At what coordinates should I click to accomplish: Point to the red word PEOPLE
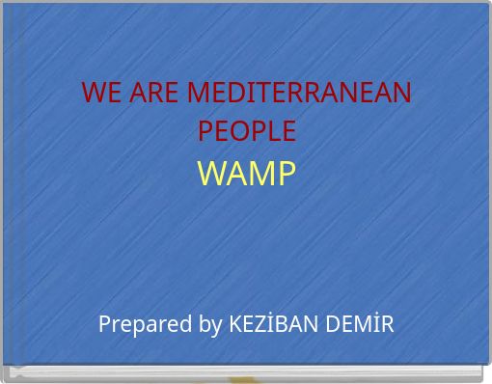pyautogui.click(x=246, y=130)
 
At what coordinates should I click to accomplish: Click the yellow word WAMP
pyautogui.click(x=246, y=174)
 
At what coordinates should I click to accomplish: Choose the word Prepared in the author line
pyautogui.click(x=146, y=324)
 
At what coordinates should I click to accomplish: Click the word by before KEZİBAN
pyautogui.click(x=210, y=324)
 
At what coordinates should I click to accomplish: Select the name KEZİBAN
pyautogui.click(x=270, y=323)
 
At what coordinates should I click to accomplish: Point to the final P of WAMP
pyautogui.click(x=286, y=174)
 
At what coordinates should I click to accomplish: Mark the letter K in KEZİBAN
pyautogui.click(x=233, y=323)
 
